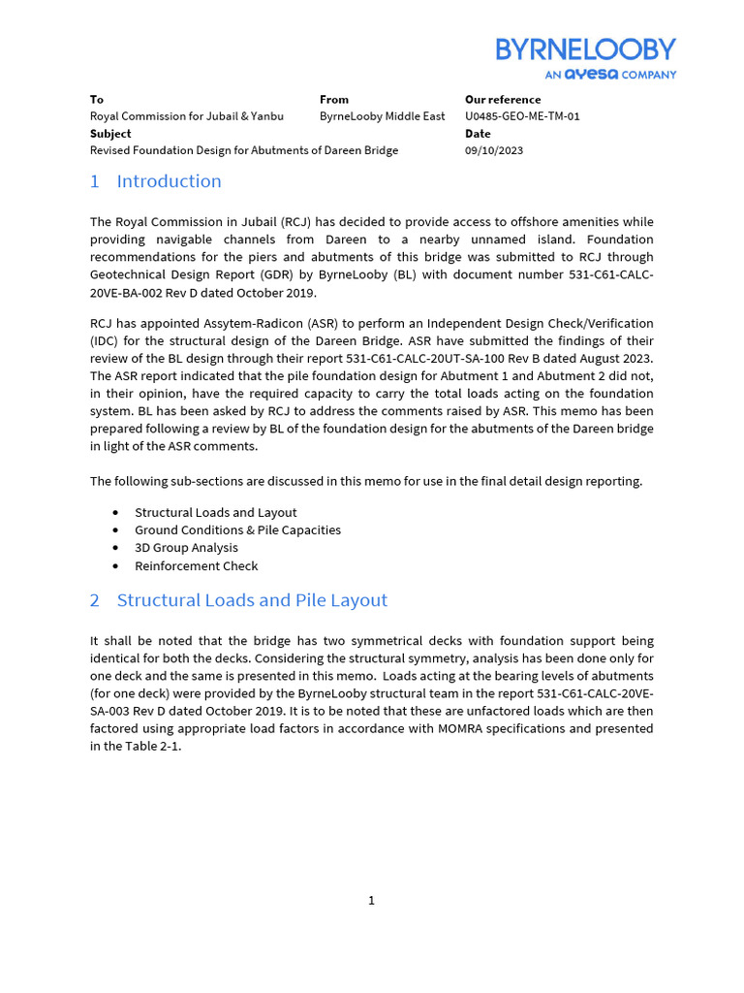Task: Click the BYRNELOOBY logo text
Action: pos(585,49)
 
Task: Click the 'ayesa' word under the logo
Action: pos(591,74)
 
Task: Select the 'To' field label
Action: pos(97,100)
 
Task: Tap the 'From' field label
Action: pos(334,100)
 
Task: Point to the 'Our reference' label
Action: pos(503,100)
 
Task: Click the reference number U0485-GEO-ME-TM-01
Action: pos(522,116)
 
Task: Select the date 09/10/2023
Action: pos(494,150)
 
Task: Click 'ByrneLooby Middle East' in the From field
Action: pos(382,116)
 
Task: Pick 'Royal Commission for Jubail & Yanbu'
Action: pos(187,116)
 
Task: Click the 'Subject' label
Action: pos(110,134)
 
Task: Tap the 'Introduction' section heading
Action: pos(169,181)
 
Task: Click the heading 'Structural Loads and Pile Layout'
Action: pos(252,600)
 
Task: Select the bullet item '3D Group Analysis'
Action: pos(186,548)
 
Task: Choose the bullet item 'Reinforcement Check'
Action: pos(196,565)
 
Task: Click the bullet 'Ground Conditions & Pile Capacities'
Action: pos(237,530)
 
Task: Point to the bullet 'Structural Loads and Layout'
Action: pos(215,512)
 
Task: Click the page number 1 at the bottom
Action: pos(371,901)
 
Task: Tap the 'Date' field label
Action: pos(479,134)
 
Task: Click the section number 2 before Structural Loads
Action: pos(95,600)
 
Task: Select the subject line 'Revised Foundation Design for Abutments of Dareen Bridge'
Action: pos(244,150)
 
